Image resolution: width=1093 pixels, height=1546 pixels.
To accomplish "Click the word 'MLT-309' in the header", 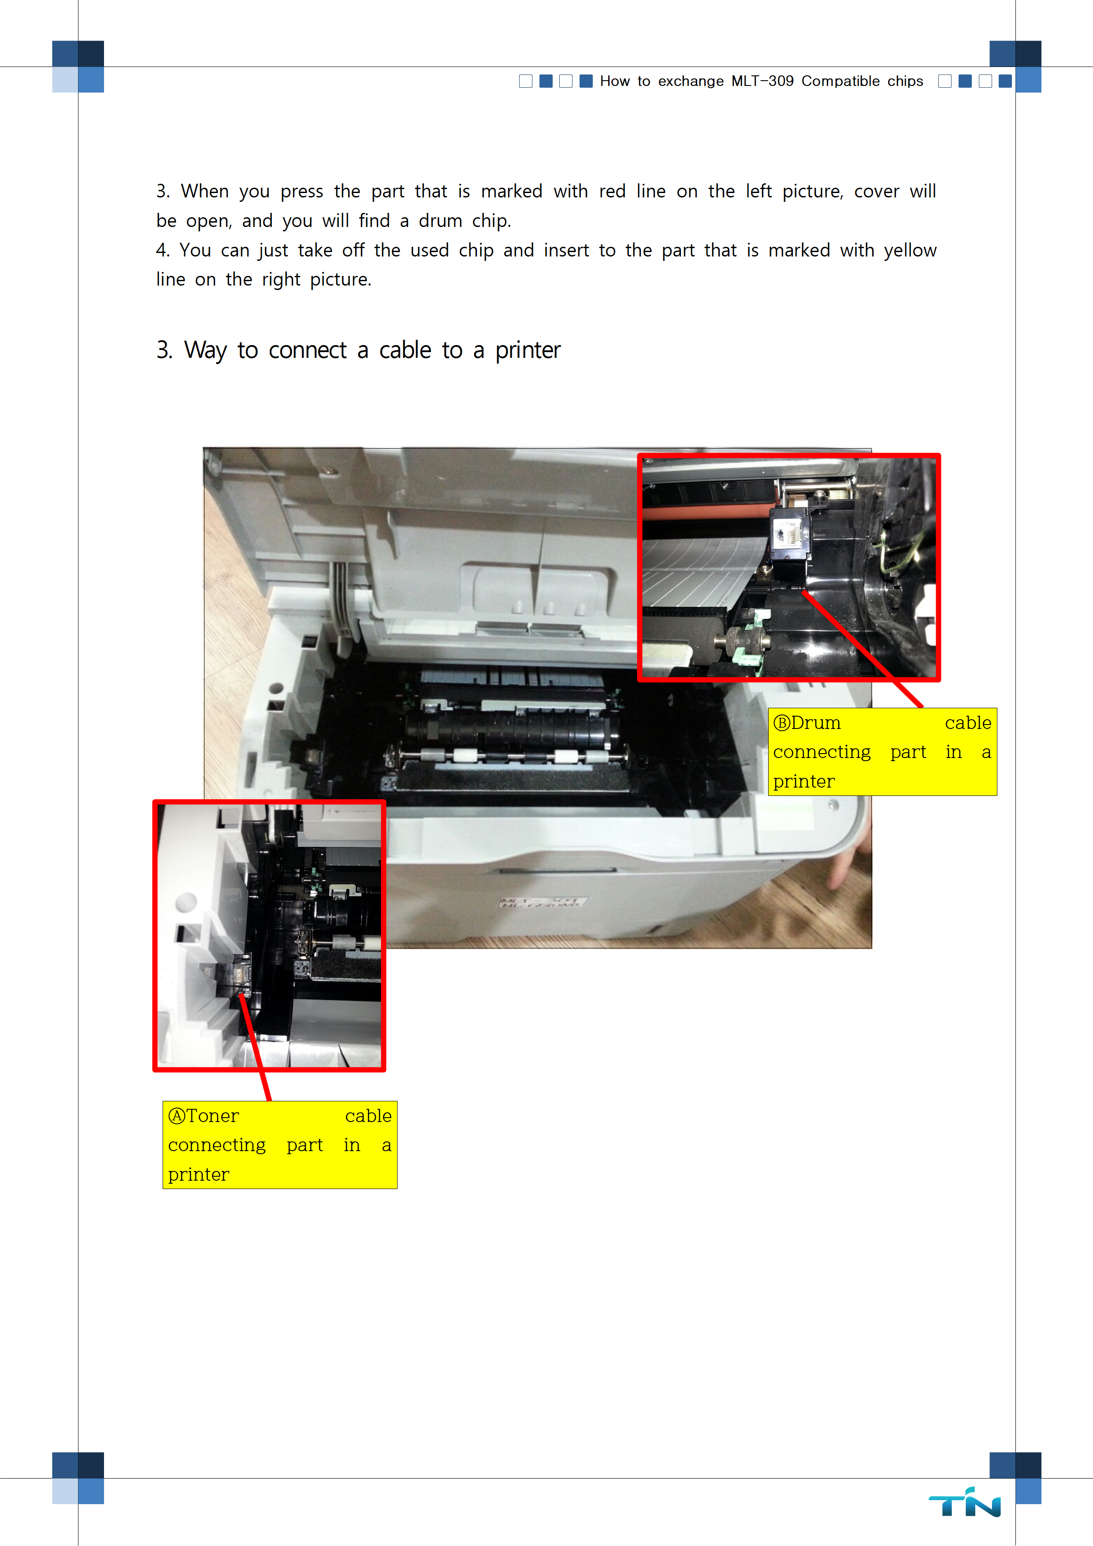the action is point(762,82).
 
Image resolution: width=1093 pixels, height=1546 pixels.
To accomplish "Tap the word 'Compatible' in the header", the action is point(840,82).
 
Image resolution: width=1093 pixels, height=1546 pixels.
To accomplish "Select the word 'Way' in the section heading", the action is point(205,351).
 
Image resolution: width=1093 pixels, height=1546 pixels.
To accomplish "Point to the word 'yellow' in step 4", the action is point(910,250).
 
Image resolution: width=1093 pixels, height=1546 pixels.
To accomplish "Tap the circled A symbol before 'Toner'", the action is point(176,1116).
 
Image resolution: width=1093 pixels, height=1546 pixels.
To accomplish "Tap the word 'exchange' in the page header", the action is point(691,82).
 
